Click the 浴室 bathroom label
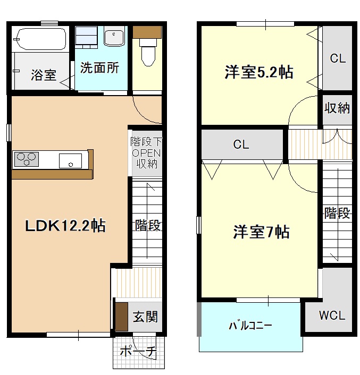(44, 75)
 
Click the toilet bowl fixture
(146, 51)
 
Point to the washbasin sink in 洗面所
(114, 38)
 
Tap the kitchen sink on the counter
(70, 159)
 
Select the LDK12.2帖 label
(65, 226)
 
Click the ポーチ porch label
(137, 351)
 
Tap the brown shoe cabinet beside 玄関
(121, 317)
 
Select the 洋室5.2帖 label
(258, 73)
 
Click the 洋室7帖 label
(261, 232)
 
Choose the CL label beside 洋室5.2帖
(338, 58)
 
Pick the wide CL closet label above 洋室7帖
(241, 144)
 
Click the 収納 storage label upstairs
(337, 108)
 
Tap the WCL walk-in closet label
(332, 316)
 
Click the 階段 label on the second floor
(337, 214)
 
